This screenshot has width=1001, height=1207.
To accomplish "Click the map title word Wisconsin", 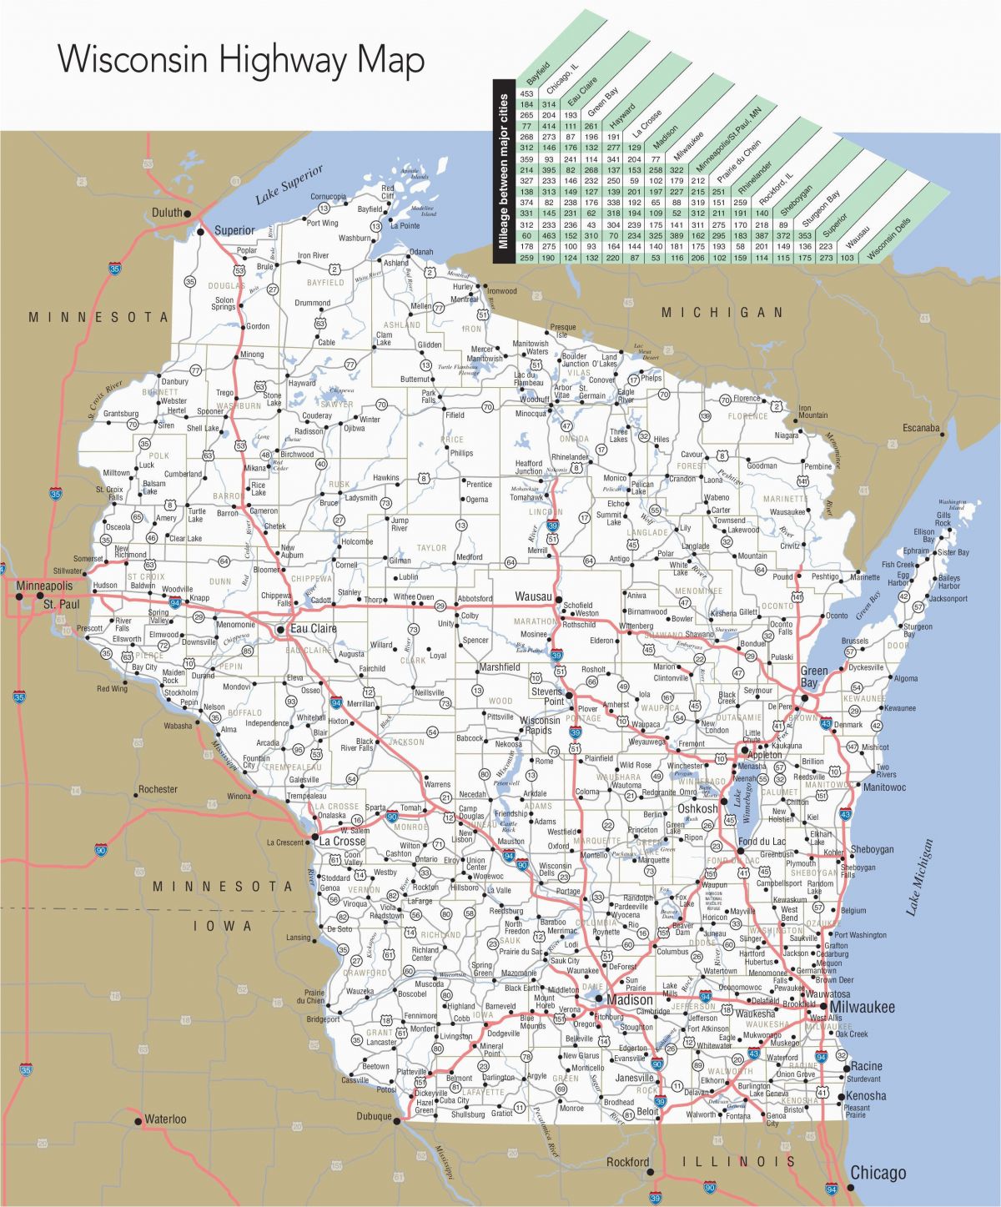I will tap(133, 60).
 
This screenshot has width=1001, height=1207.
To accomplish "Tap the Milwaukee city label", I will tap(862, 1007).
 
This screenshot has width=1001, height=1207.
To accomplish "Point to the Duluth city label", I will tap(167, 213).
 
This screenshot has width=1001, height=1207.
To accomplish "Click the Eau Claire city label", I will tap(313, 628).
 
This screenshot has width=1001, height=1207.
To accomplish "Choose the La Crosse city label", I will tap(342, 841).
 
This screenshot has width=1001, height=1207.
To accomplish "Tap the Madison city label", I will tap(630, 999).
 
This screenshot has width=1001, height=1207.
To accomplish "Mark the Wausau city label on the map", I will tap(534, 596).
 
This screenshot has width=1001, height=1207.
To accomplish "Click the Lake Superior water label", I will tap(289, 184).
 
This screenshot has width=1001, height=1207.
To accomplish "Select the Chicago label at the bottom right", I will tap(878, 1173).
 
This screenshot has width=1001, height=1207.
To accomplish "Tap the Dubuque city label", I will tap(374, 1116).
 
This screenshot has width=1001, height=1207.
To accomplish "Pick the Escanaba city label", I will tap(921, 428).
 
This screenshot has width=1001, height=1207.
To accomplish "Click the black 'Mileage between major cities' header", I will tap(503, 172).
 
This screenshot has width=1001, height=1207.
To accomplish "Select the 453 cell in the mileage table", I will tap(526, 93).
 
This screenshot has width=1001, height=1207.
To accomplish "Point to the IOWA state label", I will tap(223, 925).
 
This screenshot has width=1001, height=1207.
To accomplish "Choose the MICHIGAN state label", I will tap(722, 312).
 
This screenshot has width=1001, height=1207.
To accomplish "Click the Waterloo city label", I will tap(165, 1119).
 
